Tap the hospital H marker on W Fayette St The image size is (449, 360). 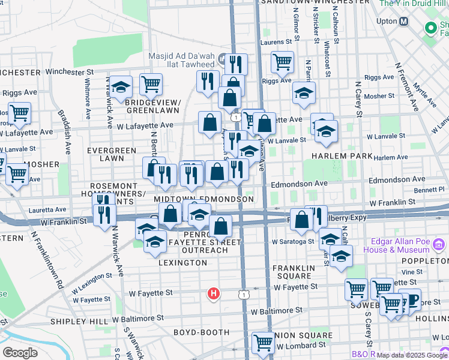[213, 293]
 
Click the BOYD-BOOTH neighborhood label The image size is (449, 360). [202, 332]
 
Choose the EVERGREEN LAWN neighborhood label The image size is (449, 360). [106, 154]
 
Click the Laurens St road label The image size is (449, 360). [279, 43]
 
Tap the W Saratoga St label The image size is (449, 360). [292, 241]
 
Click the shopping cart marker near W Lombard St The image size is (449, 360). [264, 343]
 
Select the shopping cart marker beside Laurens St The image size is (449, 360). [282, 61]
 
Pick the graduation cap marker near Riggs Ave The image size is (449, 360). [304, 93]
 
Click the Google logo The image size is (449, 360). [20, 353]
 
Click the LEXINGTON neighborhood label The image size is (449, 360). [183, 263]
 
